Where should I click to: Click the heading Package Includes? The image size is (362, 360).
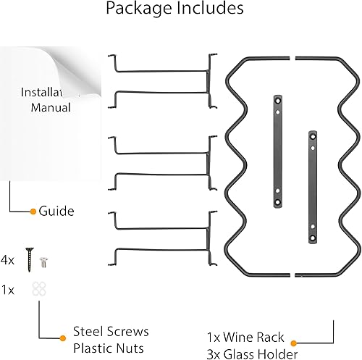(x=174, y=10)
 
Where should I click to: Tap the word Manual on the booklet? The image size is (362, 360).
(x=51, y=108)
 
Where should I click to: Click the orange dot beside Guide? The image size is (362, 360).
(x=33, y=212)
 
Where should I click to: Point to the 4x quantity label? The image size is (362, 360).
(x=9, y=259)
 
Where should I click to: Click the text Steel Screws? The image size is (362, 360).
(x=111, y=332)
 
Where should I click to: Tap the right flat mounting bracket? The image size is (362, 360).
(x=312, y=188)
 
